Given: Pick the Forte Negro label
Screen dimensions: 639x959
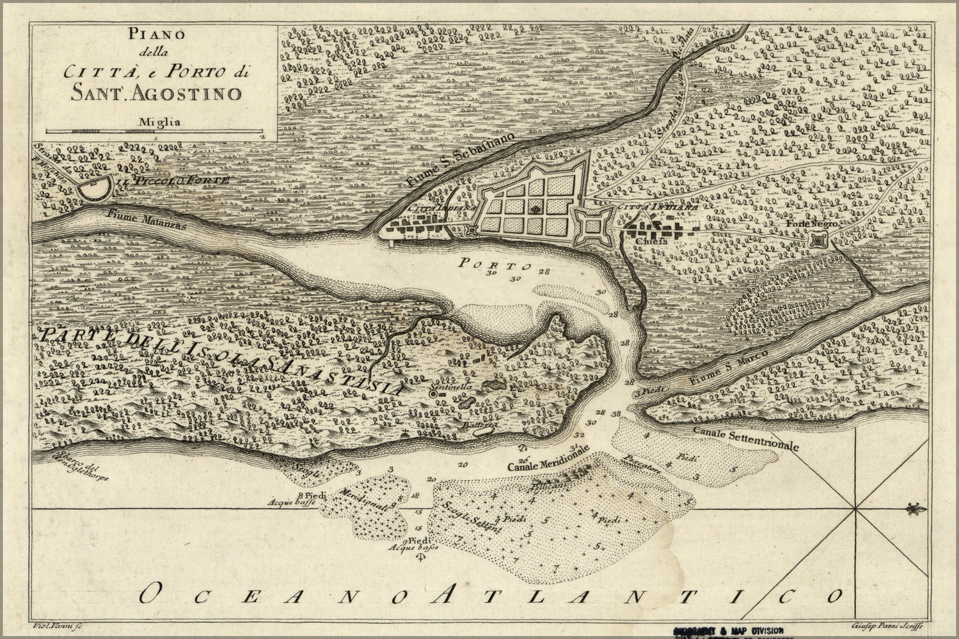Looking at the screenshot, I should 808,225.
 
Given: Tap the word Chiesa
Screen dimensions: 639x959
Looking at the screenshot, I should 652,242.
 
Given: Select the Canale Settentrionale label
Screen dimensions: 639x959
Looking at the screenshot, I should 745,439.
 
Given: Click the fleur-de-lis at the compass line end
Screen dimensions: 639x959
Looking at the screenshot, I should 915,509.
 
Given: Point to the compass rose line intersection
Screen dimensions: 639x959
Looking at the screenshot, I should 856,509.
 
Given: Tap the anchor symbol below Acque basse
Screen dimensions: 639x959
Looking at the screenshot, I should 420,558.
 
